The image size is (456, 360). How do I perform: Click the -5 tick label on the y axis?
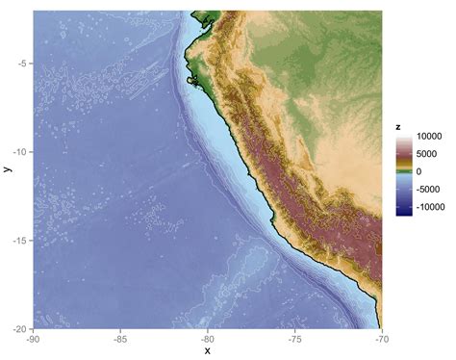click(21, 64)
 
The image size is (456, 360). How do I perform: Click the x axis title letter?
click(208, 351)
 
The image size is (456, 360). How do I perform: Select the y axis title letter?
click(7, 169)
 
